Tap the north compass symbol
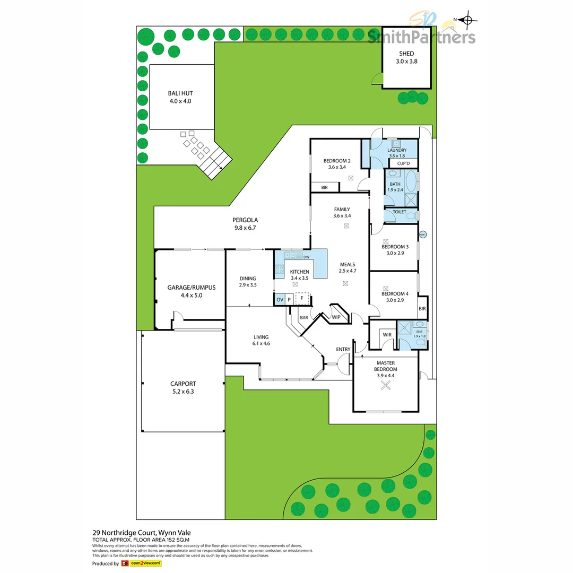pos(467,21)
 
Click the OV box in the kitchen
pos(280,300)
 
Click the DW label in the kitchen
pos(306,257)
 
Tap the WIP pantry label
pos(336,317)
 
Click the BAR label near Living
pos(304,317)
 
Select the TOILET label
pos(399,212)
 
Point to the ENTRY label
pos(343,349)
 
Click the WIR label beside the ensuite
pos(386,335)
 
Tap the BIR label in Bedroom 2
pos(324,187)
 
